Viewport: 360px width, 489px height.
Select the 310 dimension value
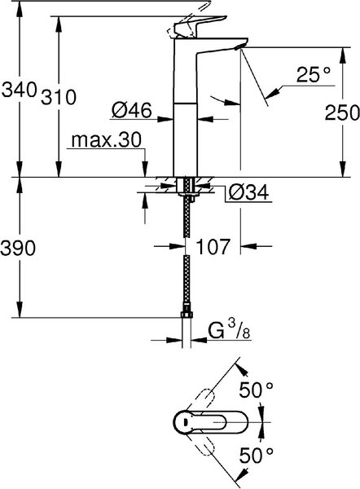click(x=59, y=97)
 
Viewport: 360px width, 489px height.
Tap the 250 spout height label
click(x=342, y=112)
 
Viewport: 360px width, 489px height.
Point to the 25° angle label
click(x=309, y=74)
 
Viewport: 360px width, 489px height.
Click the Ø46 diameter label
click(x=131, y=110)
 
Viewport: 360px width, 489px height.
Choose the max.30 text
click(x=106, y=140)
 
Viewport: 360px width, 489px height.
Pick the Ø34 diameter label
click(x=248, y=192)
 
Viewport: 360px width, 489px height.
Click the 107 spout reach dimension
click(x=213, y=246)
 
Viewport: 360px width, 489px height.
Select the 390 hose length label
click(x=18, y=249)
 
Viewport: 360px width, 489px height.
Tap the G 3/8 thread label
click(x=229, y=331)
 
